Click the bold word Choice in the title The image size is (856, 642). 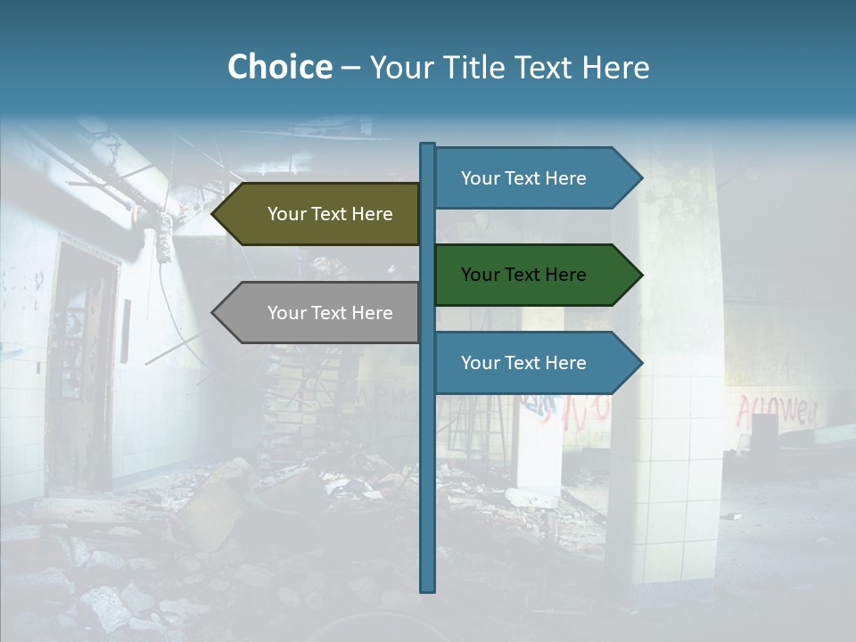pos(279,68)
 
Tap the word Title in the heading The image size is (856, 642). pos(473,68)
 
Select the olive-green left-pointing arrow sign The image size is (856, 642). pos(321,214)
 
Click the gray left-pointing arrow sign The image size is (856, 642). pos(321,313)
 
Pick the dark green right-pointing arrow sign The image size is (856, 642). pos(535,275)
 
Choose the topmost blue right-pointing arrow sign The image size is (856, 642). pos(535,178)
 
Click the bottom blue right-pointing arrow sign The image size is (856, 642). pos(535,363)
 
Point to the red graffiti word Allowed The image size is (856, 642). pos(776,411)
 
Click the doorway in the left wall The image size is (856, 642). pos(85,357)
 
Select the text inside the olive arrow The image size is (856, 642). pos(330,214)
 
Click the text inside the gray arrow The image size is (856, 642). pos(330,313)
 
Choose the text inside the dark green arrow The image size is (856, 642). pos(523,275)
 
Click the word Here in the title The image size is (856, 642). pos(616,68)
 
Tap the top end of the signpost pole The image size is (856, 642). pos(427,145)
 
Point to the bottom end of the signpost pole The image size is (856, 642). pos(427,588)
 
